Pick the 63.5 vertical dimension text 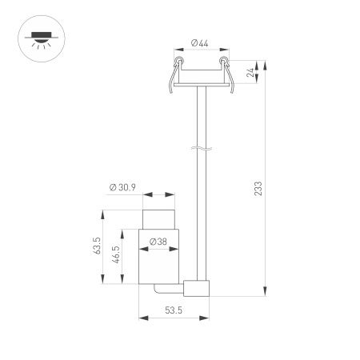click(x=96, y=246)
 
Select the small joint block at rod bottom click(x=196, y=289)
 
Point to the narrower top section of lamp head click(x=158, y=218)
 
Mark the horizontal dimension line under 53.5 click(x=174, y=318)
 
